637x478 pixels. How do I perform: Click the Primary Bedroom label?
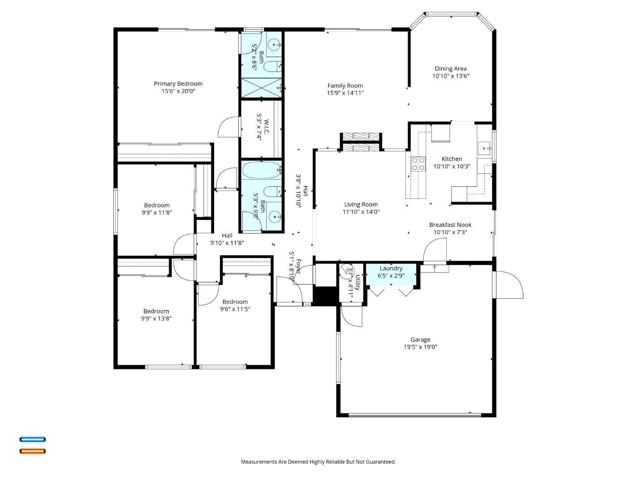(178, 84)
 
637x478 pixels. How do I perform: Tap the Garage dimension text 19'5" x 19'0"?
(420, 347)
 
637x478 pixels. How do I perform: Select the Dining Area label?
(450, 69)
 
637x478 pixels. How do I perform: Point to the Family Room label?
(345, 86)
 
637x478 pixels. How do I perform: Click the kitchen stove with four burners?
(418, 164)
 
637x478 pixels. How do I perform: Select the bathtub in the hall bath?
(261, 169)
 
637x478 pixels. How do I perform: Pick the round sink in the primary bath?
(274, 44)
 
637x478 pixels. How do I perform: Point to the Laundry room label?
(391, 268)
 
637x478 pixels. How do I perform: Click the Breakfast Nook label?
(450, 225)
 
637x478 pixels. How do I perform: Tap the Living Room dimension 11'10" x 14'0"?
(361, 212)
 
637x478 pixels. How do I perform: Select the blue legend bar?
(32, 439)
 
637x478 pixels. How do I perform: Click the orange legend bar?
(32, 451)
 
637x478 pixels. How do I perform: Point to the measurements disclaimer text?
(318, 462)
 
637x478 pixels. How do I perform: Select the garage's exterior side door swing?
(509, 285)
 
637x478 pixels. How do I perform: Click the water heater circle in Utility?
(345, 270)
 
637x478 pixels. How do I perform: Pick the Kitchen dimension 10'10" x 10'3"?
(452, 167)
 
